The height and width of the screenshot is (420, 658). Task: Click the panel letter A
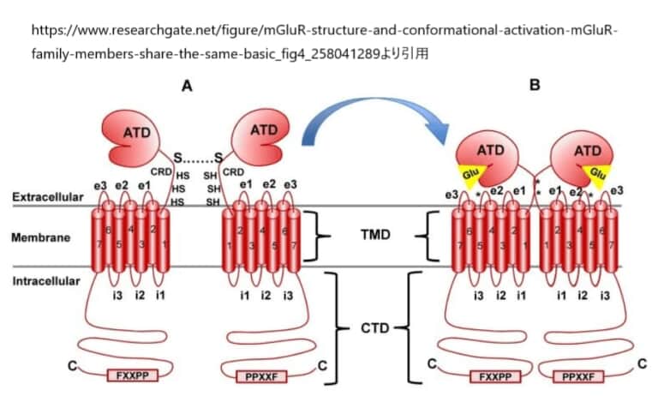[187, 86]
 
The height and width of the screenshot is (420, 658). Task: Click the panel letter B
[535, 86]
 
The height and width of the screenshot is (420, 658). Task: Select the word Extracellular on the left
[48, 197]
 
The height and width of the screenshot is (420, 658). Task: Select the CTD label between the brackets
[374, 327]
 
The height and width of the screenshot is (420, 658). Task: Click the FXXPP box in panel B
[495, 375]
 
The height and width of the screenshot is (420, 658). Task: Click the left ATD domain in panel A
[137, 137]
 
